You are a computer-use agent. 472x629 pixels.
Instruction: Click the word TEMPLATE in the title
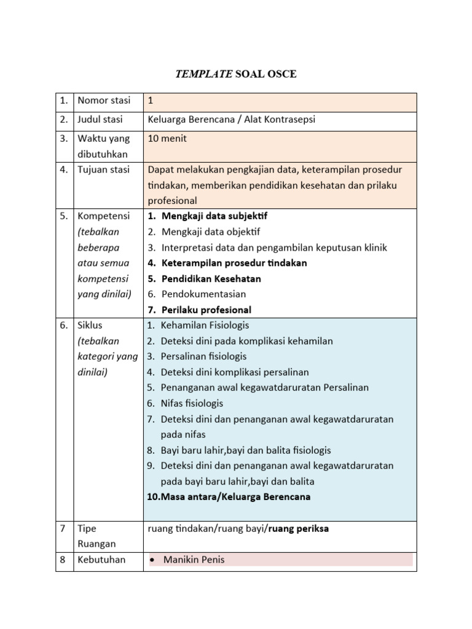click(203, 74)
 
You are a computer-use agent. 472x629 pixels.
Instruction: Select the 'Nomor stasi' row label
click(104, 101)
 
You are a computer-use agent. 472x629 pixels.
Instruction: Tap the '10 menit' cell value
click(167, 138)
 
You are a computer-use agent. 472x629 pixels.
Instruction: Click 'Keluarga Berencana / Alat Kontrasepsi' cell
click(232, 119)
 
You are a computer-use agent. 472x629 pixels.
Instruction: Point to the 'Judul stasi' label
click(100, 119)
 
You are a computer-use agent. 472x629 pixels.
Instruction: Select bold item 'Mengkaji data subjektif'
click(214, 216)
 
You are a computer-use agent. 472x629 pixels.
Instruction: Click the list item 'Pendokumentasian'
click(204, 294)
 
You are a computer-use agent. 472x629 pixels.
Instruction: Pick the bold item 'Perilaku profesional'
click(206, 310)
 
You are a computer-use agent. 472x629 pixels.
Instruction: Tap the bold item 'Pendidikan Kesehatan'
click(211, 278)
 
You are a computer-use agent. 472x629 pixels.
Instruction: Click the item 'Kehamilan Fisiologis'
click(205, 325)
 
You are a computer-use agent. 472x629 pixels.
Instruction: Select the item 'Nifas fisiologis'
click(192, 403)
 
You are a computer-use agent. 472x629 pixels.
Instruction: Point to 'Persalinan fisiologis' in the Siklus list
click(203, 356)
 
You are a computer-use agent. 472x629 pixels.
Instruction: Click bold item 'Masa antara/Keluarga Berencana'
click(229, 496)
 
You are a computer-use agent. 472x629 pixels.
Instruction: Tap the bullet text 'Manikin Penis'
click(194, 560)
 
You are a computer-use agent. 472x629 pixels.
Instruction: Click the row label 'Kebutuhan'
click(101, 560)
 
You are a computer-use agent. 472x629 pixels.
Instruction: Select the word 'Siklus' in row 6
click(90, 326)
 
